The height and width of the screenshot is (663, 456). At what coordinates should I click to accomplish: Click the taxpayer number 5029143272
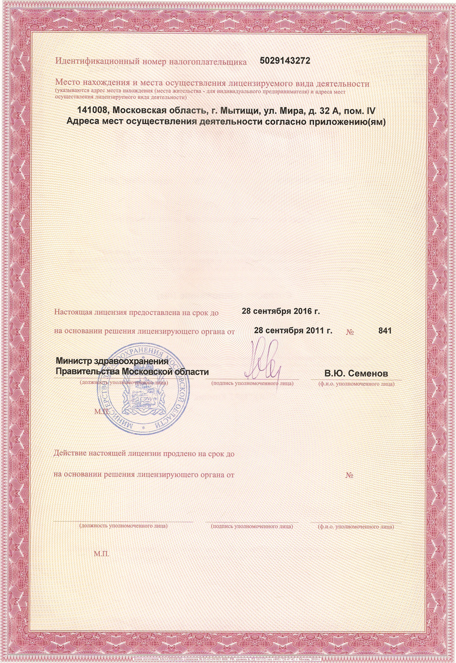[x=285, y=61]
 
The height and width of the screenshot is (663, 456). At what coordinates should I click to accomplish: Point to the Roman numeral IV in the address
[x=371, y=111]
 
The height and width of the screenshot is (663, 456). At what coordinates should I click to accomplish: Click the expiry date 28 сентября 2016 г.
[x=280, y=311]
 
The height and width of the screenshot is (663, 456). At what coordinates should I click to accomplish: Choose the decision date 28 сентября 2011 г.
[x=293, y=330]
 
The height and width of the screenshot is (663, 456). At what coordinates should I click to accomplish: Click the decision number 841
[x=385, y=330]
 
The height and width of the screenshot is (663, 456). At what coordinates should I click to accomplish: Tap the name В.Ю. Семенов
[x=356, y=373]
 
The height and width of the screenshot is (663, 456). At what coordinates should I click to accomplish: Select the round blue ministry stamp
[x=143, y=388]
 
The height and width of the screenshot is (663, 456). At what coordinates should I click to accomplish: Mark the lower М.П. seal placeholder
[x=102, y=554]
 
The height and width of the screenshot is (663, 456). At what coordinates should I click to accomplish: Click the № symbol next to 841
[x=350, y=331]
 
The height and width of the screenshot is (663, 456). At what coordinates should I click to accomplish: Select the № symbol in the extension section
[x=350, y=475]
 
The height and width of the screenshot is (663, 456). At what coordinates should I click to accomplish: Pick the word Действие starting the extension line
[x=70, y=454]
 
